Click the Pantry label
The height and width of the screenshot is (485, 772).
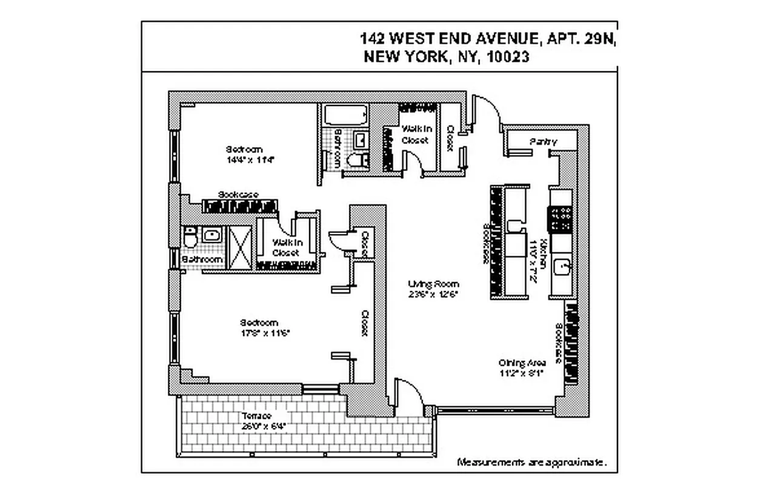542,141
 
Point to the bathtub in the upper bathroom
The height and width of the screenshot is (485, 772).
344,115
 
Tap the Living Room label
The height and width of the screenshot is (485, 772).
433,284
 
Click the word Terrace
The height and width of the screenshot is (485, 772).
256,416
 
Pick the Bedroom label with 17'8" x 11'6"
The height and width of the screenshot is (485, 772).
259,323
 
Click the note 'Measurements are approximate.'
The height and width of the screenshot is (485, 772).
531,463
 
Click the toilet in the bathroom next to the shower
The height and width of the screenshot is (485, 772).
190,237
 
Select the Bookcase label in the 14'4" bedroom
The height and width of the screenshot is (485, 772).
238,195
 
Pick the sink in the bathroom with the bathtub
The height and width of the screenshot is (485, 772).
359,139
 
